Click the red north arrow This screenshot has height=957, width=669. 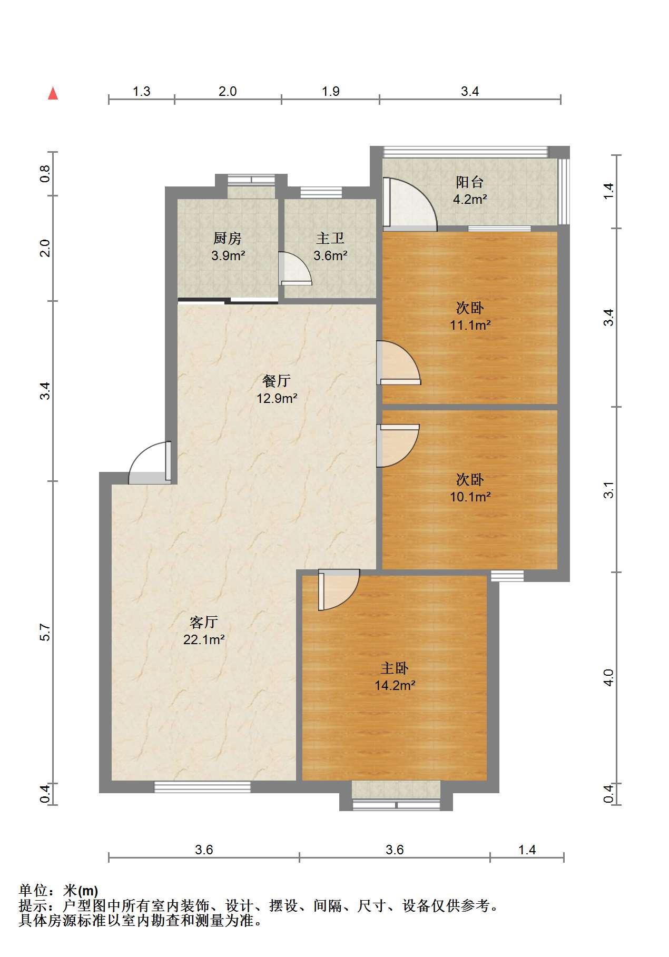(53, 93)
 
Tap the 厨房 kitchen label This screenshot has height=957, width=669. (227, 239)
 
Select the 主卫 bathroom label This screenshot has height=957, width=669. (330, 239)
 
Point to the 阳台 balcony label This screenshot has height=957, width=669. (470, 182)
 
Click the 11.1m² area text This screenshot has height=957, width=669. (470, 325)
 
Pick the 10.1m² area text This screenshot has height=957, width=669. (470, 497)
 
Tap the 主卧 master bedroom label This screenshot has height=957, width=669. (395, 668)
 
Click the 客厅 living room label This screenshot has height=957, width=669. (204, 623)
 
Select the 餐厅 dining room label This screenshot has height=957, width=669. (277, 381)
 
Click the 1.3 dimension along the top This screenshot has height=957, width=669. (141, 92)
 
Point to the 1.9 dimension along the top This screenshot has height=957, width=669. (330, 92)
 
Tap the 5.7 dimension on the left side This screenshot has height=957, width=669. (45, 632)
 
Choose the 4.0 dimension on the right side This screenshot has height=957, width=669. (608, 677)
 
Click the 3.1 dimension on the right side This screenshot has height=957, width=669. (608, 490)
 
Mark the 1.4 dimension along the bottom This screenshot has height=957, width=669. (527, 850)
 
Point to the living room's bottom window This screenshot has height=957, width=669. (202, 787)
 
